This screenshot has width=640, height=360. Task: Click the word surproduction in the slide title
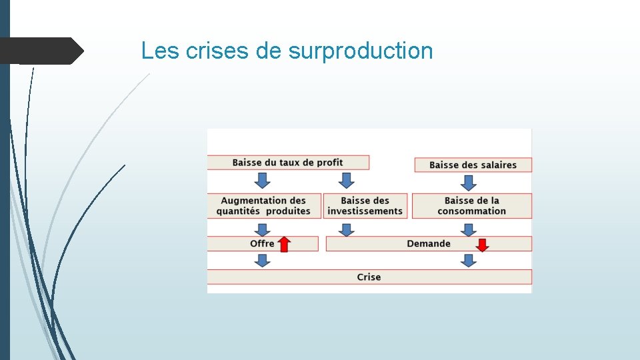tap(361, 51)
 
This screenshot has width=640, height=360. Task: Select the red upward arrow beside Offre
tap(284, 244)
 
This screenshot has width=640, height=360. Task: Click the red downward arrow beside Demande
tap(482, 244)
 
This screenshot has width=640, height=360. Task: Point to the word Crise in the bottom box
tap(369, 277)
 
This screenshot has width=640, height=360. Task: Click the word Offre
tap(262, 243)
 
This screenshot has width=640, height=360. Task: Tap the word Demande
tap(429, 243)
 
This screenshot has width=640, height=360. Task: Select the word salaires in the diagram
tap(495, 165)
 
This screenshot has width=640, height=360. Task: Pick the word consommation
tap(472, 211)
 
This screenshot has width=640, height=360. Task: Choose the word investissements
tap(365, 211)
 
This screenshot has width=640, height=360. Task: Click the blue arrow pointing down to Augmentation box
tap(263, 180)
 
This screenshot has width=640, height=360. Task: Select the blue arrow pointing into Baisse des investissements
tap(345, 180)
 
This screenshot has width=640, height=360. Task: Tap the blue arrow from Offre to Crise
tap(263, 260)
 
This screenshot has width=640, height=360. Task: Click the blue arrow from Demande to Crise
tap(469, 260)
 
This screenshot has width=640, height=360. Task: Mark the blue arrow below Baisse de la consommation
tap(469, 229)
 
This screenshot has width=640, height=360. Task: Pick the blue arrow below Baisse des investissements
tap(346, 229)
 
